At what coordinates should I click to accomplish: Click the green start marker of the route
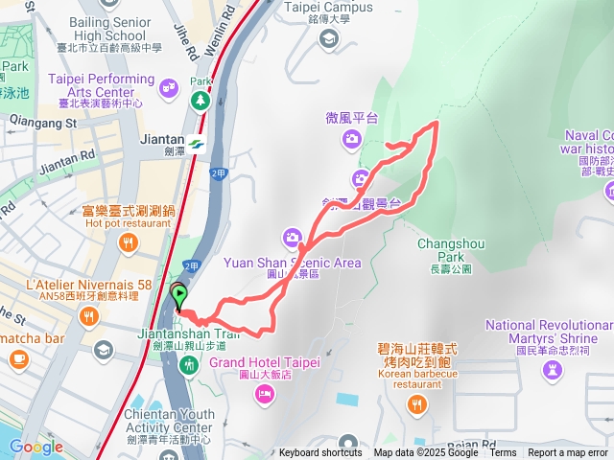coord(179,296)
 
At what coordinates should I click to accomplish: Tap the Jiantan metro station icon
coord(197,145)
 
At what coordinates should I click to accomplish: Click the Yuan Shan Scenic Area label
coord(292,262)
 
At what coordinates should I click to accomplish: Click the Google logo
coord(36,447)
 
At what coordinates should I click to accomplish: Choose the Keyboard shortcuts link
coord(320,453)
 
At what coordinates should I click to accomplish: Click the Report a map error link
coord(569,453)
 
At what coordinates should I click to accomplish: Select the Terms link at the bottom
coord(503,453)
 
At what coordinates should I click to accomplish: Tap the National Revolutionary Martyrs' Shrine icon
coord(553,369)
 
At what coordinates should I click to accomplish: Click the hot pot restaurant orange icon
coord(128,244)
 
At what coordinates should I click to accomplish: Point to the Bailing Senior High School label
coord(101,28)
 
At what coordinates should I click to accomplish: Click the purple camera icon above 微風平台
coord(351,140)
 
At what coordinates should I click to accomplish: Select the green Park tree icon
coord(200,100)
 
